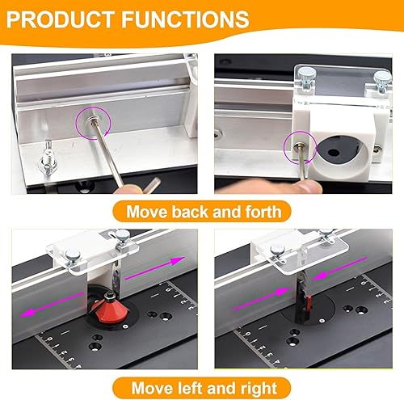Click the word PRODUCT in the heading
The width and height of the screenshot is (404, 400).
[x=61, y=19]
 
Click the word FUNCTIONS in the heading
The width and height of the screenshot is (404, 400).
[x=186, y=19]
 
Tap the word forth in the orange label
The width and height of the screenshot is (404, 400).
[x=263, y=212]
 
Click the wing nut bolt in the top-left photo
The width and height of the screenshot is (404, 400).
[x=47, y=158]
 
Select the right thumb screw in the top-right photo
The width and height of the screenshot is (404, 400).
[x=382, y=82]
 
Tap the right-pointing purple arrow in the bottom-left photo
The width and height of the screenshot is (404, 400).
[x=155, y=268]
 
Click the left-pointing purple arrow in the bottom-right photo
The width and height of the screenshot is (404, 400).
[x=340, y=268]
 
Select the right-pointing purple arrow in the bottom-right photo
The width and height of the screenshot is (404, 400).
[x=260, y=299]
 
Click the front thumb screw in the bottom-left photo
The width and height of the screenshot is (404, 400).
[x=73, y=258]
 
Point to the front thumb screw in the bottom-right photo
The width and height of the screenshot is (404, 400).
[x=278, y=253]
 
